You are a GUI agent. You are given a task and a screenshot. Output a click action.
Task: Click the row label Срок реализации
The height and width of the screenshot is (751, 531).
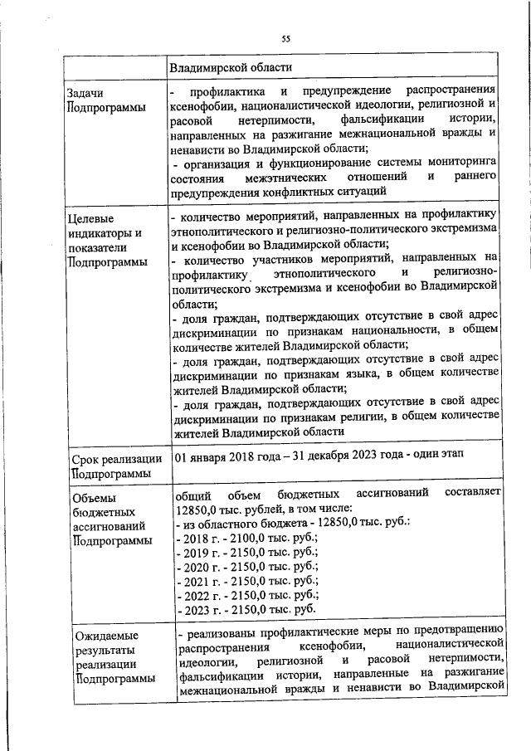[x=116, y=459]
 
